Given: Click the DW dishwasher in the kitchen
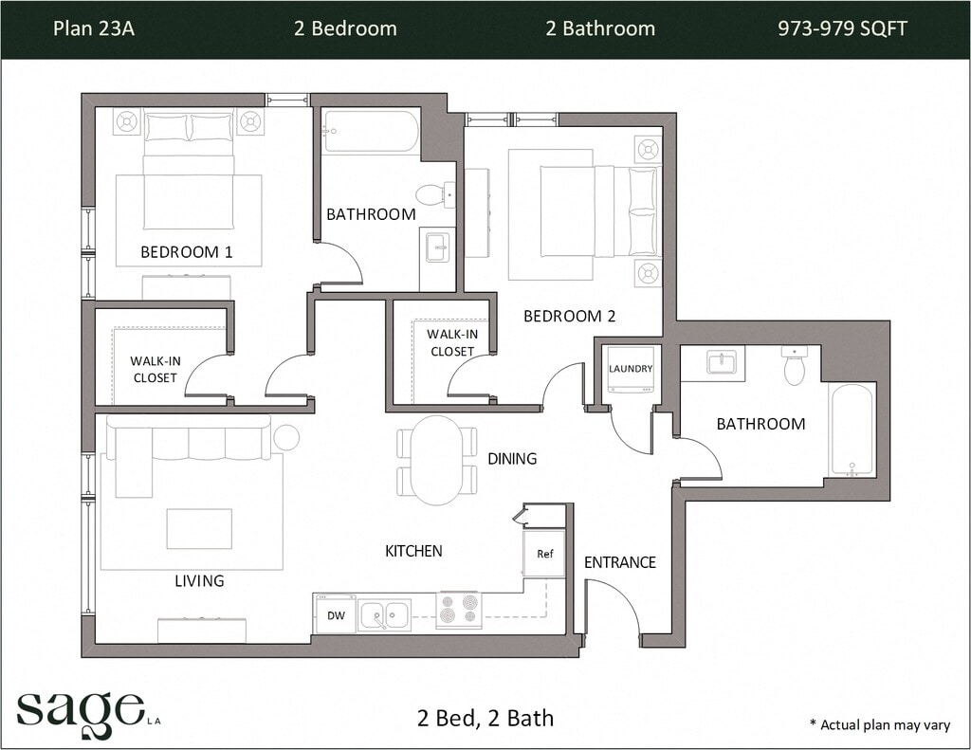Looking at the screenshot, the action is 336,613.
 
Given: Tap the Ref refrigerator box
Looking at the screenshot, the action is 544,554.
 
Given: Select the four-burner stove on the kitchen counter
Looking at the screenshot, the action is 460,609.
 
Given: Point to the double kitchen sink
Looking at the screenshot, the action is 385,615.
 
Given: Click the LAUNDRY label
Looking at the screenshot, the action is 631,369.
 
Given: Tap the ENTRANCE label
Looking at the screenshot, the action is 620,562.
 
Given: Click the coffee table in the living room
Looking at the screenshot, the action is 199,528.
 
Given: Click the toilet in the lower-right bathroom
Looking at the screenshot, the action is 794,365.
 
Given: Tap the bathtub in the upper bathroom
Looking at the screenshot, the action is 371,131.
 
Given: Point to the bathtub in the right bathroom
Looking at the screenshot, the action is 852,430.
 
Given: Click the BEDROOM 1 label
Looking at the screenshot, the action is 187,252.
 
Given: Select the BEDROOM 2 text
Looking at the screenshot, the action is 570,316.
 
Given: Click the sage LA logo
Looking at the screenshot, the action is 88,714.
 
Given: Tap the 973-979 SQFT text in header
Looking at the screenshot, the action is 842,28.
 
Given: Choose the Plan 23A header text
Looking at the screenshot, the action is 94,28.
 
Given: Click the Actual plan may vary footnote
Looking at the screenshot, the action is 879,724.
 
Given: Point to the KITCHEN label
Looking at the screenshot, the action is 413,551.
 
